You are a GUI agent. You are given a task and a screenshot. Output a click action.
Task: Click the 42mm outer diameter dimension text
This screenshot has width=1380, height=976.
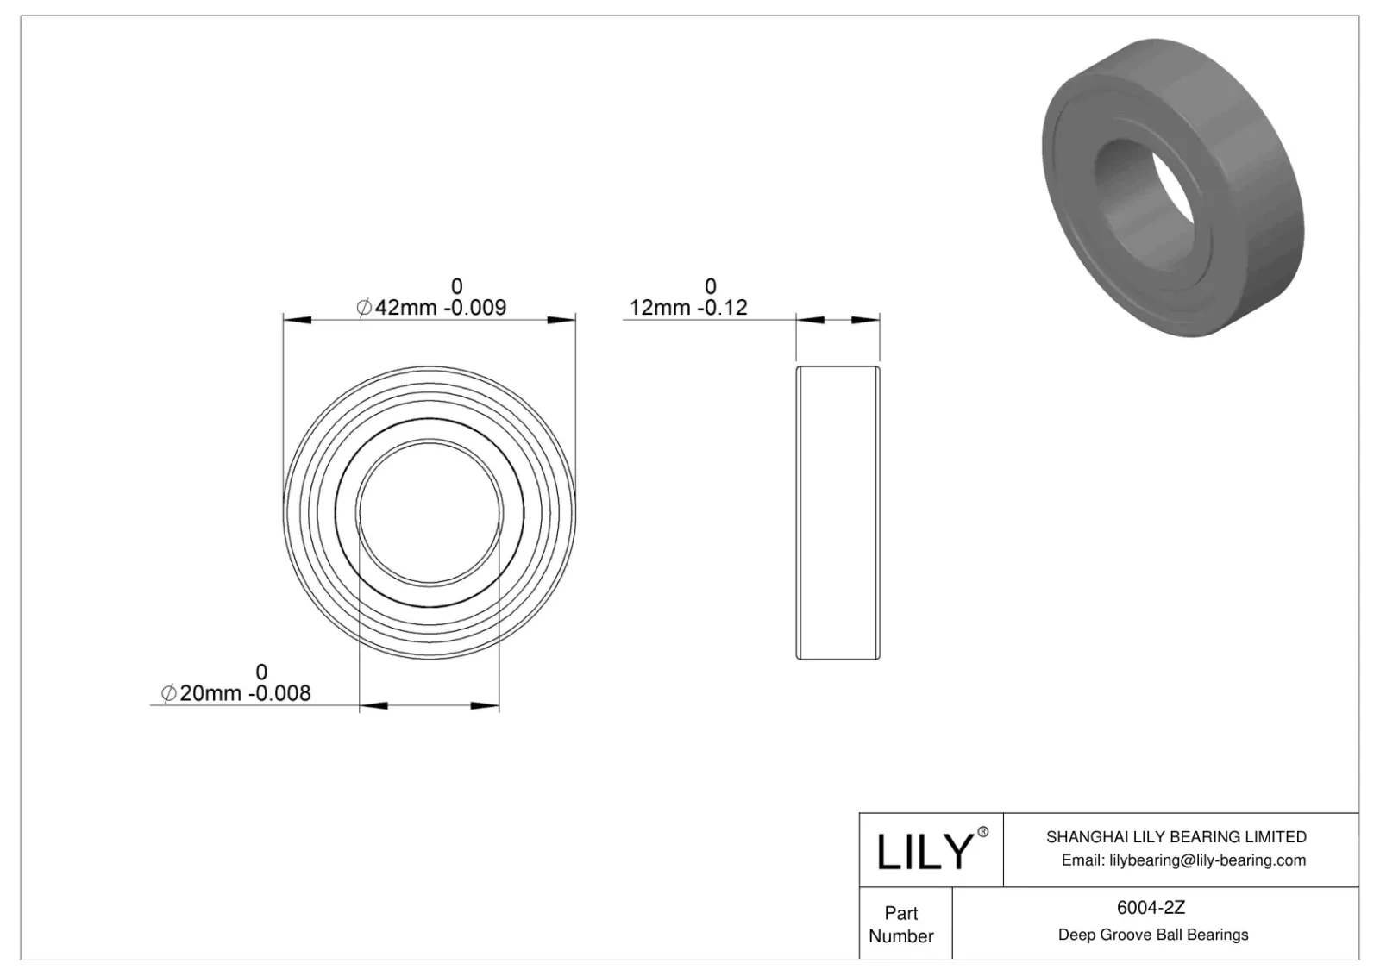405,308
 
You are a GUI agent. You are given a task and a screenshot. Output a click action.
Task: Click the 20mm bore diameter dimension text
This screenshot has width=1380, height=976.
210,693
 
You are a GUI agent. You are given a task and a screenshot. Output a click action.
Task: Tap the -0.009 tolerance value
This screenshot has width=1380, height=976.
474,308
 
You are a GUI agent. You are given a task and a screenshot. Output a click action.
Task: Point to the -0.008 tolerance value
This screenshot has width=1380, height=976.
279,693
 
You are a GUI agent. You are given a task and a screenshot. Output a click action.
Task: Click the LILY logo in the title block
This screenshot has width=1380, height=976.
925,852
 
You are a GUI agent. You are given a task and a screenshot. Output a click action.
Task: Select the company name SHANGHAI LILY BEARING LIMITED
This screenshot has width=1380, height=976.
1176,836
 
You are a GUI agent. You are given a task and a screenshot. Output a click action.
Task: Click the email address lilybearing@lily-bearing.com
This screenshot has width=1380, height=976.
1183,860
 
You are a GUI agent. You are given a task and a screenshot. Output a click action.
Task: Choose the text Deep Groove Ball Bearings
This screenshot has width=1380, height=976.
1152,935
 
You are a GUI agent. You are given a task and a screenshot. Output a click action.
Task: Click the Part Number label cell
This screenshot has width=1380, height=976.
901,924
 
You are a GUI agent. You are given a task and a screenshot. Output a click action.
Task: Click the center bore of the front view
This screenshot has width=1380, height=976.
430,513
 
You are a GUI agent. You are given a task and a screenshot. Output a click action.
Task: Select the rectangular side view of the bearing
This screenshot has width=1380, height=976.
837,513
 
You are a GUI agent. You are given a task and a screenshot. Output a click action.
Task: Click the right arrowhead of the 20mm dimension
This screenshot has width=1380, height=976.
486,707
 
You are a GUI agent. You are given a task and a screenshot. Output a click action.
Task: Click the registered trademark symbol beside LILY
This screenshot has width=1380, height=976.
982,833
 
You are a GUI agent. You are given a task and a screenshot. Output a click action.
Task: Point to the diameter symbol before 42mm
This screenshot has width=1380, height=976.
364,308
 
